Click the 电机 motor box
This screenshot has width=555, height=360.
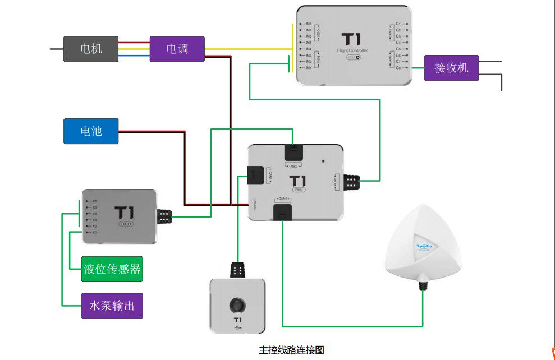coord(90,49)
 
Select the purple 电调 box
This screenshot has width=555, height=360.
coord(177,49)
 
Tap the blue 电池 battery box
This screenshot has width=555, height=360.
coord(91,131)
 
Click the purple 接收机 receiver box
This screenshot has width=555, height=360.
coord(451,68)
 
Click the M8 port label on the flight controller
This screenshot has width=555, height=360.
coord(309,24)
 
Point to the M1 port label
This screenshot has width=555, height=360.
coord(309,68)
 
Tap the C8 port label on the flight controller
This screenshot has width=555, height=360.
coord(398,68)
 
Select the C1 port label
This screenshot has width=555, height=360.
coord(398,24)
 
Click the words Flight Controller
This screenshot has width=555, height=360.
coord(352,50)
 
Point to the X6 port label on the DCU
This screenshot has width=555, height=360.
coord(94,201)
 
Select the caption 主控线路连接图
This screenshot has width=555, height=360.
coord(292,350)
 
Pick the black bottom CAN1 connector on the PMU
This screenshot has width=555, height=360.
coord(282,211)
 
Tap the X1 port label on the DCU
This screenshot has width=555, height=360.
coord(94,232)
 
